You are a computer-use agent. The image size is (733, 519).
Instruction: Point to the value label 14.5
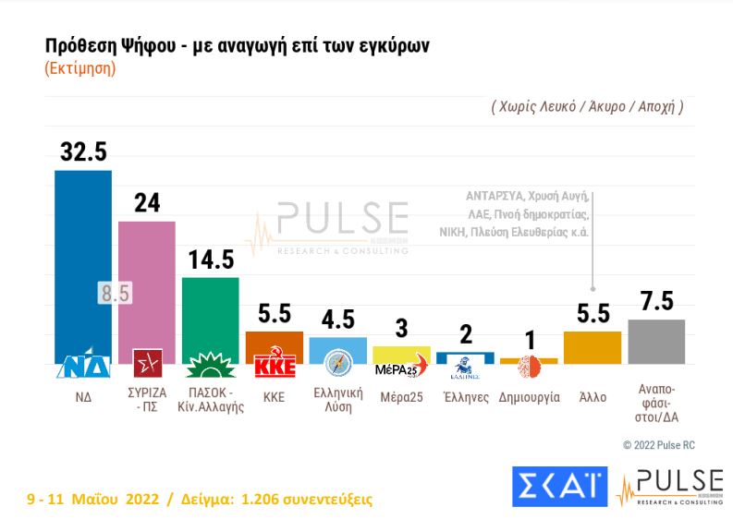click(212, 259)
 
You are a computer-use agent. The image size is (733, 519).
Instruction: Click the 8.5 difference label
click(116, 294)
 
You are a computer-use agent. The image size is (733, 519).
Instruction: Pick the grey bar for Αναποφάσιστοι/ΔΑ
click(655, 342)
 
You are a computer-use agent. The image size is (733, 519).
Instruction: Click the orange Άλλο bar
click(592, 347)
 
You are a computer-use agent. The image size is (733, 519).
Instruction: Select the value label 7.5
click(656, 301)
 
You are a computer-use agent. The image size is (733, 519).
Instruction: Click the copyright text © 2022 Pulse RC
click(658, 445)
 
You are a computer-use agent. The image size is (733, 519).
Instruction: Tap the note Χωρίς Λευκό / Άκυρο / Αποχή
click(587, 106)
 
